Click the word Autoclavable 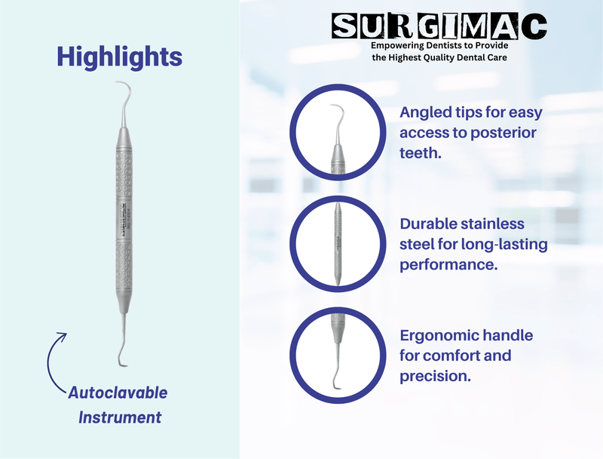coord(118,393)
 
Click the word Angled coord(427,113)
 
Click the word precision coord(435,374)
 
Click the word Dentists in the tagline coord(454,45)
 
